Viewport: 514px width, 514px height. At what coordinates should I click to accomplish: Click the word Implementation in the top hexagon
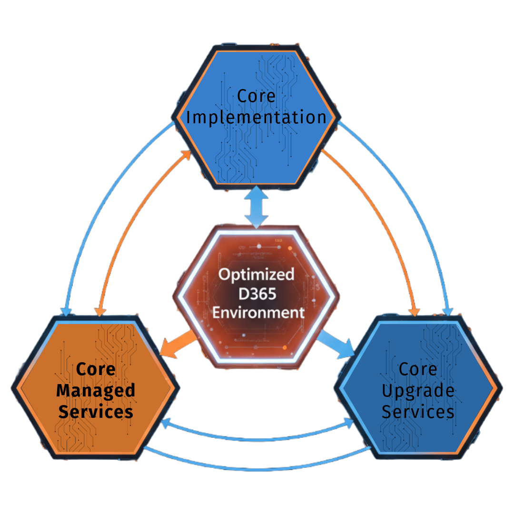(256, 118)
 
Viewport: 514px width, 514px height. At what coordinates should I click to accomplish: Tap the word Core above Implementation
(256, 96)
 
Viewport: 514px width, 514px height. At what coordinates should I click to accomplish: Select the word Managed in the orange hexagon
(96, 391)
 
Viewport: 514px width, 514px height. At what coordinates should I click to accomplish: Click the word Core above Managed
(96, 369)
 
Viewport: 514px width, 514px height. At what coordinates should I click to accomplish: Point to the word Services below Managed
(96, 412)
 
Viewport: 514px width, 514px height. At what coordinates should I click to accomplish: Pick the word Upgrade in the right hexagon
(418, 391)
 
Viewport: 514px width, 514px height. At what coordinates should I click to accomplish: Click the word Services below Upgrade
(418, 412)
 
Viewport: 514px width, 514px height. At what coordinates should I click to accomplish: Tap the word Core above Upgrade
(418, 369)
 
